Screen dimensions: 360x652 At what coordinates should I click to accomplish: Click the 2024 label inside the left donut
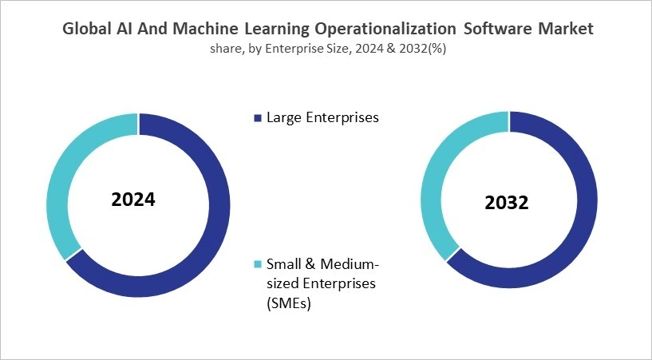[133, 199]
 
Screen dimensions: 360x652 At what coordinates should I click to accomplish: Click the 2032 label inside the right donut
[506, 203]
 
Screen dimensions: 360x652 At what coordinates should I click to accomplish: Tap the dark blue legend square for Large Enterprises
[257, 119]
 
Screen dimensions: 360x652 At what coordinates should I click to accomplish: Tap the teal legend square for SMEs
[257, 264]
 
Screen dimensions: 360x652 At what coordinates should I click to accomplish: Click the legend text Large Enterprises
[322, 118]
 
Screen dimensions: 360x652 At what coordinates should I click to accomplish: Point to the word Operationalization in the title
[379, 29]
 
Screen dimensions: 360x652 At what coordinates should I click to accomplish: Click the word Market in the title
[563, 29]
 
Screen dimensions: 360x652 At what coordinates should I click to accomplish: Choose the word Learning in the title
[268, 29]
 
